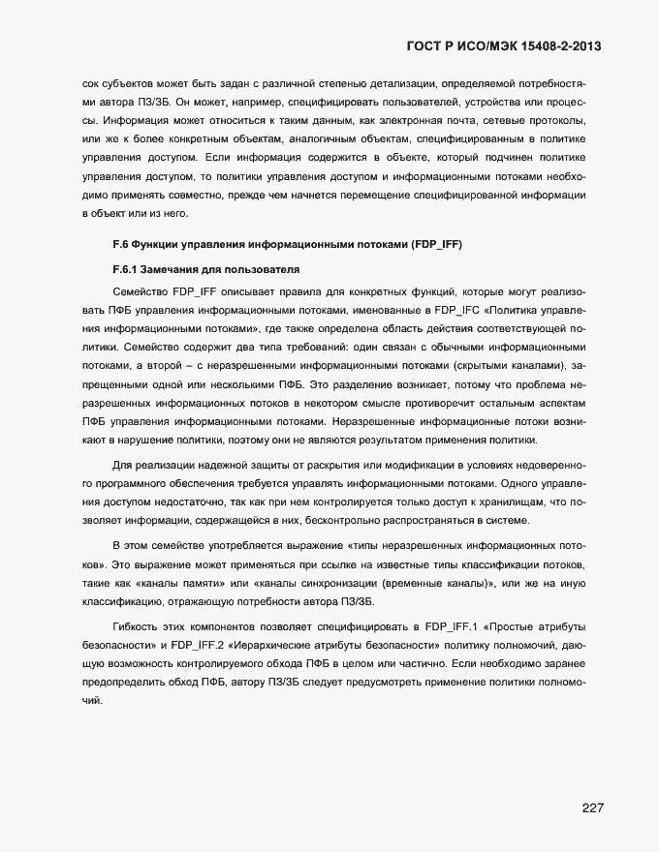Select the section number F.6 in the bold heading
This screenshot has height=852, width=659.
[x=121, y=244]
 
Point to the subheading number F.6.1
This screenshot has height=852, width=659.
[x=127, y=268]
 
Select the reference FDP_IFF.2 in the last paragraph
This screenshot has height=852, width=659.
[x=200, y=646]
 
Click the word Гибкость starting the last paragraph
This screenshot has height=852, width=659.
[x=138, y=626]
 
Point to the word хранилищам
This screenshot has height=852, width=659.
[x=512, y=503]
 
